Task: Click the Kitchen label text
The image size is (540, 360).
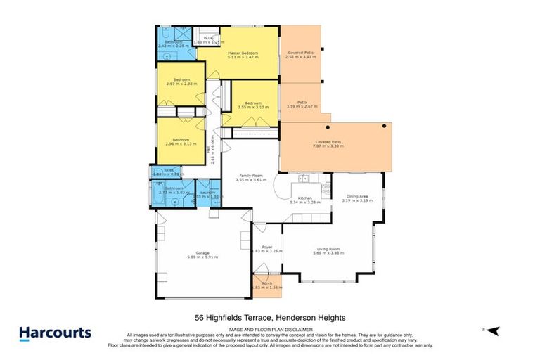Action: (304, 199)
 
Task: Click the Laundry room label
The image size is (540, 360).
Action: (207, 193)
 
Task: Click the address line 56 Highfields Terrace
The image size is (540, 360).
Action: (269, 318)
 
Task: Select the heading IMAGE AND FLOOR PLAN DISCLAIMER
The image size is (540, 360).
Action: (269, 331)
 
